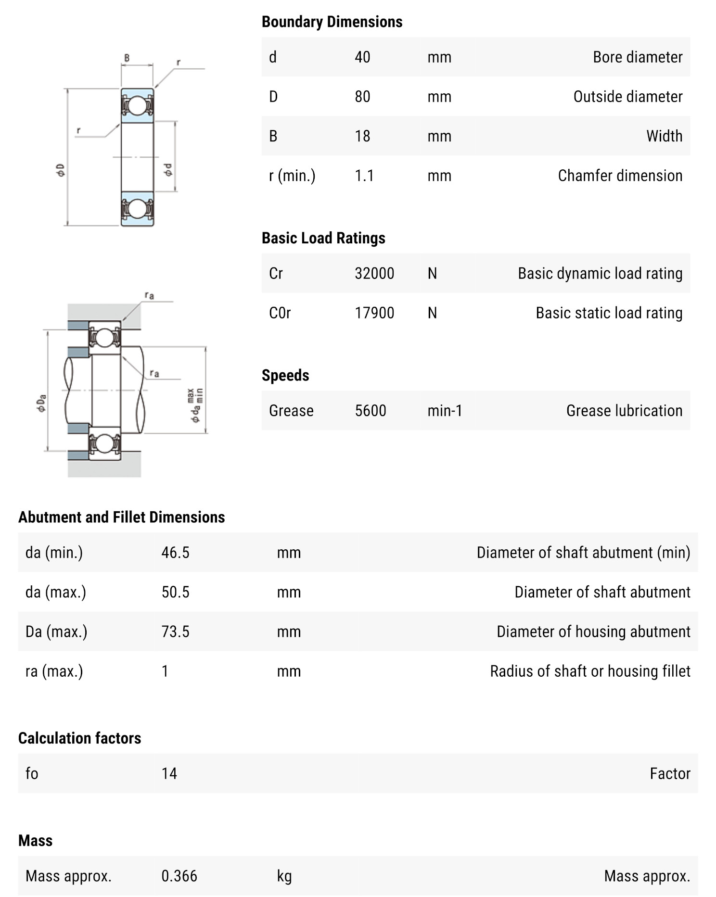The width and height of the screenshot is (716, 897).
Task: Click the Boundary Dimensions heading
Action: click(332, 22)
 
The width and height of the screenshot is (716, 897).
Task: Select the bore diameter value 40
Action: click(362, 57)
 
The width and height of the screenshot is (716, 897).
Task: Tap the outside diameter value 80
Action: click(362, 97)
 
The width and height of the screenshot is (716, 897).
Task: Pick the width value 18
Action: click(362, 136)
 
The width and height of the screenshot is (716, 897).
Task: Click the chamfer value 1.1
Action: click(364, 176)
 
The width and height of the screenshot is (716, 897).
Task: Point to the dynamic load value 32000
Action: click(374, 274)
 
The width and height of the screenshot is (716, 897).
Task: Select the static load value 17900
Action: click(374, 313)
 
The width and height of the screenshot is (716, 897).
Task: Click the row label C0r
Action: click(280, 313)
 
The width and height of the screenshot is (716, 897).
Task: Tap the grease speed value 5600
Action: click(370, 411)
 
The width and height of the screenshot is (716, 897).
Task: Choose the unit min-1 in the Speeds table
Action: click(445, 411)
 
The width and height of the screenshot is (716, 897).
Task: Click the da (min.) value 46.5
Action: click(175, 553)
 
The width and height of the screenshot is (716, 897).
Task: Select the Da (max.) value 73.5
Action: click(175, 632)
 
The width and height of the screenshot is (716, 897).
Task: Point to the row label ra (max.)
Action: click(54, 671)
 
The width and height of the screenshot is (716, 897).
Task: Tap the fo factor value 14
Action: click(169, 773)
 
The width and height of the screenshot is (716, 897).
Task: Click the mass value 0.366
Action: click(179, 876)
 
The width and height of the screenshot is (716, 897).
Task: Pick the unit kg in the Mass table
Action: click(284, 876)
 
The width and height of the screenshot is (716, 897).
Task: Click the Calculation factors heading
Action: click(79, 738)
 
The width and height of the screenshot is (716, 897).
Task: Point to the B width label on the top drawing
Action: click(127, 58)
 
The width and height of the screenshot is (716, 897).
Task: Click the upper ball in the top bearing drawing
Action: click(137, 105)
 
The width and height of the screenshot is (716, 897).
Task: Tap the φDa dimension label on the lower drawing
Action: click(42, 403)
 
